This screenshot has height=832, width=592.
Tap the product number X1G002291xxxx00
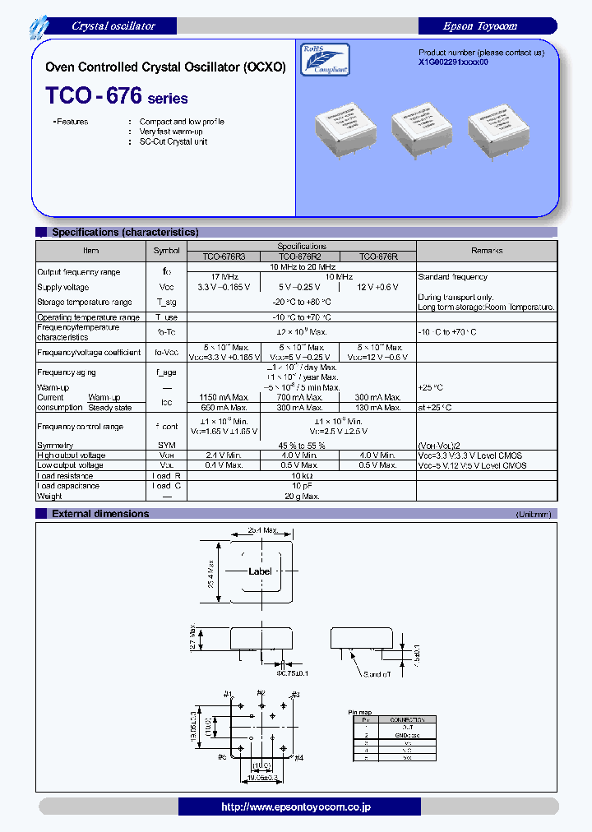click(x=453, y=62)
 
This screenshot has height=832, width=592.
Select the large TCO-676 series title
click(x=117, y=96)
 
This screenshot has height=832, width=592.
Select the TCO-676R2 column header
click(x=302, y=257)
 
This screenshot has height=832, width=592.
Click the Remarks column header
click(x=487, y=251)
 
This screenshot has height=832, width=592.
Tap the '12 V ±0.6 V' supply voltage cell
click(x=378, y=287)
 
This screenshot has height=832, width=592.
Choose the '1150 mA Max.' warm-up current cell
click(x=224, y=397)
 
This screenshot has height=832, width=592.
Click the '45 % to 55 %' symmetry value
click(x=302, y=446)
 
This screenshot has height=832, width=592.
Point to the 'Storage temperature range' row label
click(x=85, y=302)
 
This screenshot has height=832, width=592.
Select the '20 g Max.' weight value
click(x=302, y=496)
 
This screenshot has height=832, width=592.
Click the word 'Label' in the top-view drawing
click(x=260, y=571)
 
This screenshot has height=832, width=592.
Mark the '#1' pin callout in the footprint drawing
click(x=227, y=694)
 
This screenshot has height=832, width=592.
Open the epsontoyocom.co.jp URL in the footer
click(x=296, y=807)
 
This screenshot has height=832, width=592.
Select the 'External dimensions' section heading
click(x=100, y=514)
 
